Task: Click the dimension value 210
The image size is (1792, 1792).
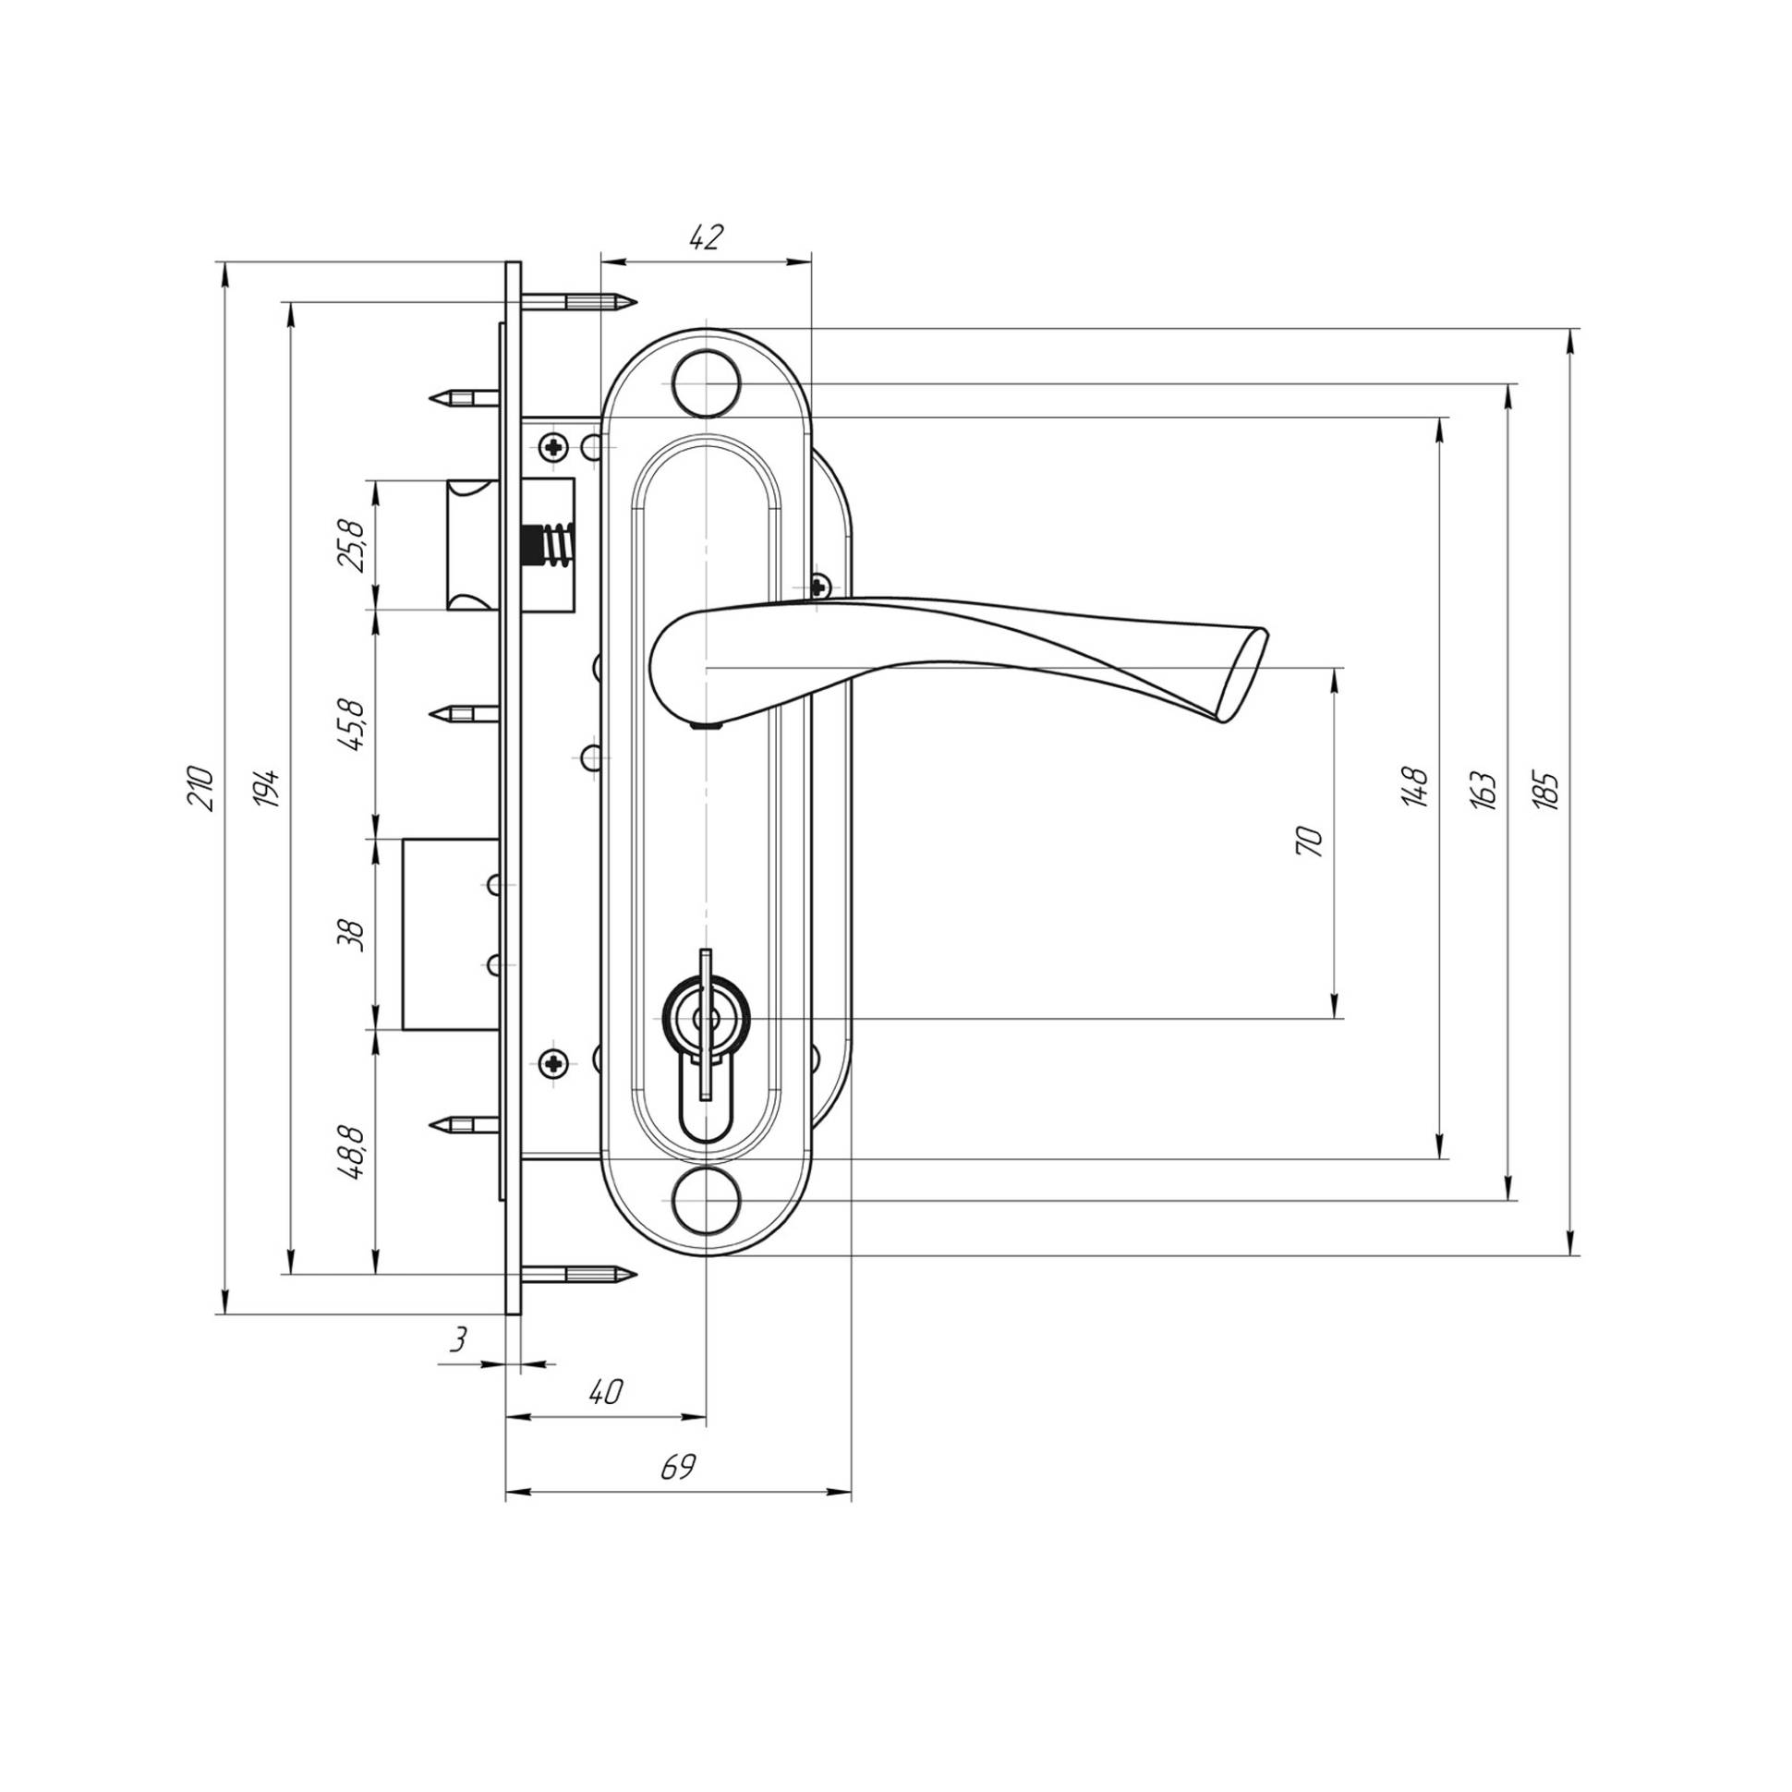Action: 202,789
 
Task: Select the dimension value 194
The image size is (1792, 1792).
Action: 269,789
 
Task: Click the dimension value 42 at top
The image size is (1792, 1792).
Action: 706,238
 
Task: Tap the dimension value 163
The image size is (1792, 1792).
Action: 1483,790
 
